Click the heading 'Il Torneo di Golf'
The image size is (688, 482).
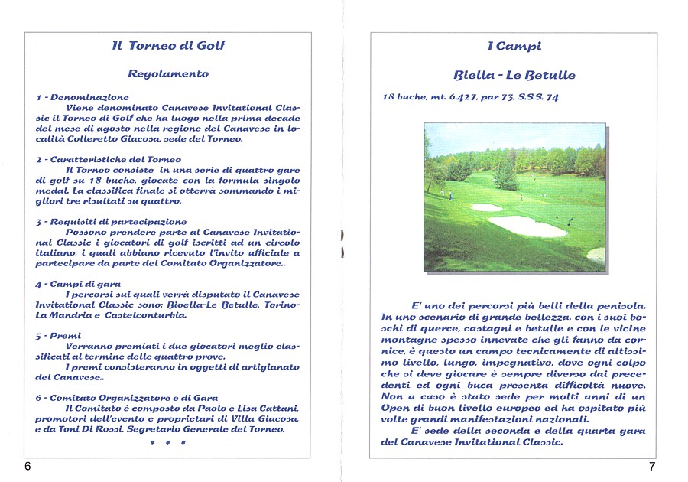(x=168, y=46)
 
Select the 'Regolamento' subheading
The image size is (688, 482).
(x=168, y=74)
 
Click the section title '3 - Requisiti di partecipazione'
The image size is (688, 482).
(x=111, y=222)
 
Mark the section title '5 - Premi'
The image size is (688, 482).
(x=58, y=336)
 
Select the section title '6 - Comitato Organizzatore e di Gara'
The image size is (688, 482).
(x=122, y=398)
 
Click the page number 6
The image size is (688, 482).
(x=28, y=467)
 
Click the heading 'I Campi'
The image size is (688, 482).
(x=514, y=47)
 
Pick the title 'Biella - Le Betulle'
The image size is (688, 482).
(x=514, y=76)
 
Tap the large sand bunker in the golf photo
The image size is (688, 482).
(x=527, y=226)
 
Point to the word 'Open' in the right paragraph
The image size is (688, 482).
(x=394, y=409)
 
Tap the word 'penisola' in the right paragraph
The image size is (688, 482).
(x=619, y=305)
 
